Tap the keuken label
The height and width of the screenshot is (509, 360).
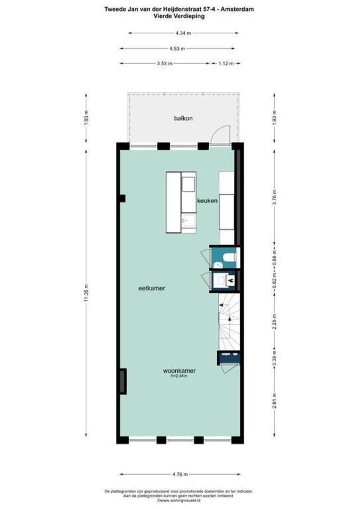[x=207, y=201]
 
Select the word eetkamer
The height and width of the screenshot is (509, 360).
[x=151, y=288]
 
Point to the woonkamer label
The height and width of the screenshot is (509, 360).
[x=179, y=371]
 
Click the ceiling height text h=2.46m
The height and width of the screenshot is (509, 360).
[x=179, y=377]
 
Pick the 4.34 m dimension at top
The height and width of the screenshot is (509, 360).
[x=183, y=33]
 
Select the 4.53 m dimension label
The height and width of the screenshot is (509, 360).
[x=177, y=48]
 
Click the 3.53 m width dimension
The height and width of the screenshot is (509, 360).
[x=164, y=63]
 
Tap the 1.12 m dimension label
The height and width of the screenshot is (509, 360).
[x=226, y=63]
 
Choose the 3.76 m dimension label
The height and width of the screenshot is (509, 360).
[x=274, y=197]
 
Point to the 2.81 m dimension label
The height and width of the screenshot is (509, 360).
[x=274, y=401]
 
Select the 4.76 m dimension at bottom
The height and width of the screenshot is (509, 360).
[x=180, y=474]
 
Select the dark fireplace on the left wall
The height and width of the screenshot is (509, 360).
[x=123, y=381]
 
